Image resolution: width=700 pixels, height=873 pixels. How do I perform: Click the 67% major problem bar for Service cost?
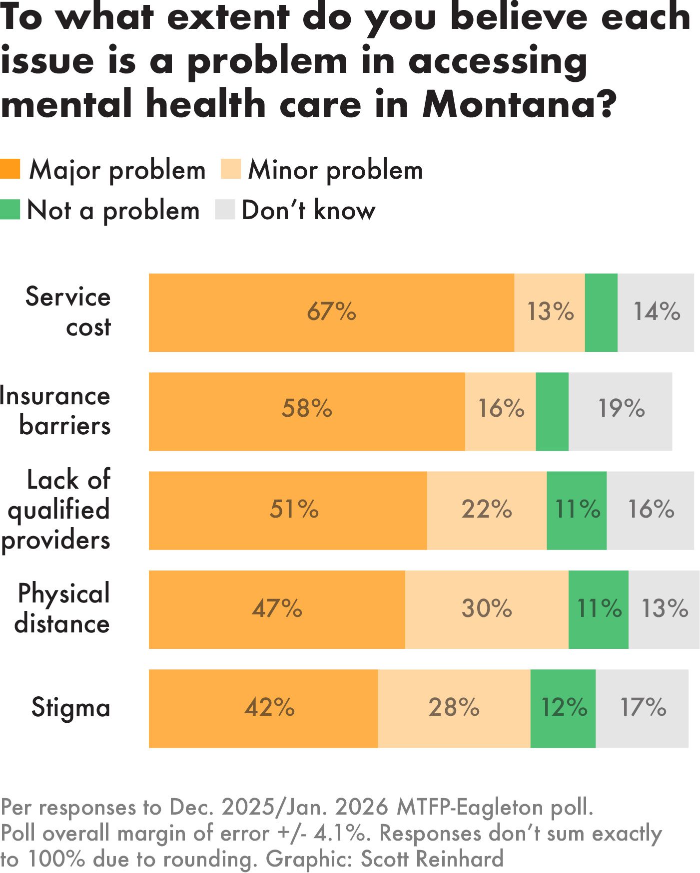tap(331, 312)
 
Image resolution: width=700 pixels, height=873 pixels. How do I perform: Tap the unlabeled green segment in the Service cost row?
tap(601, 312)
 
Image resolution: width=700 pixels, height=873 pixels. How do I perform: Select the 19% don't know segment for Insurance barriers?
tap(621, 411)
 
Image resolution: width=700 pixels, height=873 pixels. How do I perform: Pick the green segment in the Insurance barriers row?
tap(552, 411)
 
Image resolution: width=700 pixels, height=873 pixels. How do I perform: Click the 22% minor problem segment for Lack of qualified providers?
tap(487, 510)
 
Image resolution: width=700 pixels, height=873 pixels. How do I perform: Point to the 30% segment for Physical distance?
tap(487, 609)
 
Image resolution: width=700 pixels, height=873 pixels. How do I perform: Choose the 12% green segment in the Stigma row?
tap(563, 708)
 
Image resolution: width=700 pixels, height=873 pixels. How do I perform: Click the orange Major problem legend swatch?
tap(10, 169)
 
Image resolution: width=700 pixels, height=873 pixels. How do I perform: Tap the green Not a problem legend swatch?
tap(10, 210)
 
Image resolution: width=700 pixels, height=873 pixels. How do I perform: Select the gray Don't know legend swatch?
tap(225, 210)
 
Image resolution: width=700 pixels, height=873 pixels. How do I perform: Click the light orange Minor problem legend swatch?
tap(231, 169)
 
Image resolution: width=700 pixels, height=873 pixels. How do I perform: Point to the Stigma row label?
tap(70, 708)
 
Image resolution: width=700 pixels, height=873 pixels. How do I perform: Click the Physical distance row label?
tap(62, 609)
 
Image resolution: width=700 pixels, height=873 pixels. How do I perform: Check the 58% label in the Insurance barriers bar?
tap(307, 409)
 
